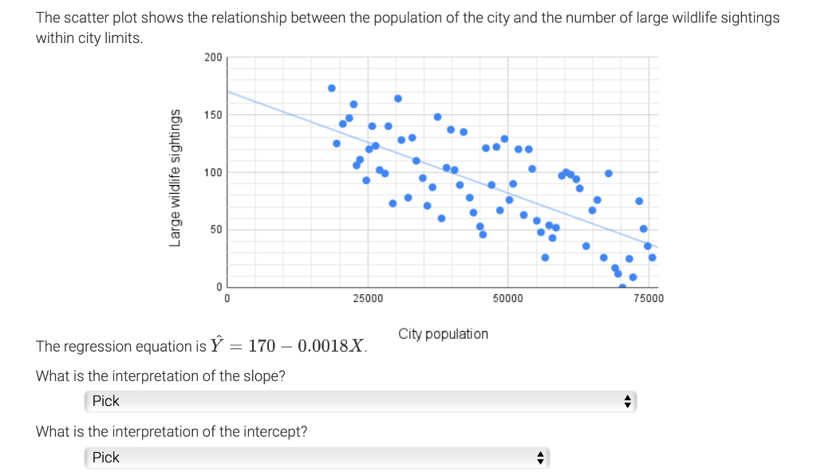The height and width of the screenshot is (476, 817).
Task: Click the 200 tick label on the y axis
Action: (213, 57)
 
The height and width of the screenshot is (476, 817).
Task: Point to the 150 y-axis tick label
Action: (213, 115)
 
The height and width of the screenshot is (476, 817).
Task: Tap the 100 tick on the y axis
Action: (213, 172)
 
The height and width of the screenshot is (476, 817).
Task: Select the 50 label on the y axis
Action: (215, 230)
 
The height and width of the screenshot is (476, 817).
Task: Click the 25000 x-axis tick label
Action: (368, 298)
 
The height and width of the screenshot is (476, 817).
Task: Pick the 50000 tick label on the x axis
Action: (508, 298)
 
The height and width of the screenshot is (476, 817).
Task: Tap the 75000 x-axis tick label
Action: (649, 298)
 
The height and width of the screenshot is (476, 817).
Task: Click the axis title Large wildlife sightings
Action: (175, 178)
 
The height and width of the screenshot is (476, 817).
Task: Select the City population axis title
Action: (443, 333)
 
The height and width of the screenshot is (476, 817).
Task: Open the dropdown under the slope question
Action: (360, 401)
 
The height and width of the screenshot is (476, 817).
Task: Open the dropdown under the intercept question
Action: (317, 458)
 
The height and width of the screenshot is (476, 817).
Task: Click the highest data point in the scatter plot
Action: (332, 88)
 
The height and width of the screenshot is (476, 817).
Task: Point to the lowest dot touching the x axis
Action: (622, 287)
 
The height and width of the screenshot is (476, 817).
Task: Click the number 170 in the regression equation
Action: (262, 346)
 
